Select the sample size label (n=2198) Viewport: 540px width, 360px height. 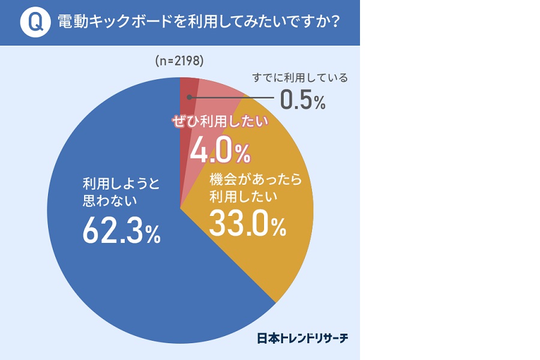179,61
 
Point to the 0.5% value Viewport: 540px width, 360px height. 302,100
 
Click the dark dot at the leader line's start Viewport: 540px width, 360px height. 190,95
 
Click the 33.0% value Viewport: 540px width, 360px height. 247,224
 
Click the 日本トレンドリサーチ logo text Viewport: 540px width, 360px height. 302,338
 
